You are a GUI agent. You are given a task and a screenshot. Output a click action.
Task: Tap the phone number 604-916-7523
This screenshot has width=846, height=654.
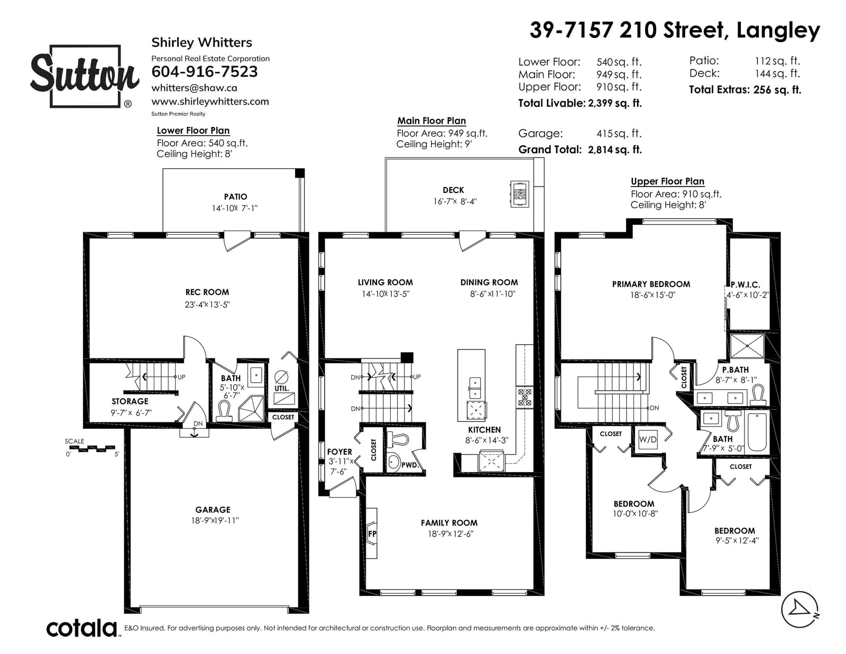pos(205,71)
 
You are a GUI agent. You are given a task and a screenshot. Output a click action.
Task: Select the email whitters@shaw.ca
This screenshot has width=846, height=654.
pos(194,88)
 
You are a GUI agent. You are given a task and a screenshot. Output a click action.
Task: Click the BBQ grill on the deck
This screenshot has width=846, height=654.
pos(520,194)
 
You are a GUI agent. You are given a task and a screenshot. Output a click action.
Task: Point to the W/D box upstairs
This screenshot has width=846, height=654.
pos(648,439)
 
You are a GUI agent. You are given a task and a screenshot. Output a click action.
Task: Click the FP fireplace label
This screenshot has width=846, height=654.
pos(372,533)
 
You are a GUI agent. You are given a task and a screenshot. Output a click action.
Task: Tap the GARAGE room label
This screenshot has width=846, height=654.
pos(213,510)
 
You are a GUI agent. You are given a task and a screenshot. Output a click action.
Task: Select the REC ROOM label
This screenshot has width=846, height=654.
pos(207,292)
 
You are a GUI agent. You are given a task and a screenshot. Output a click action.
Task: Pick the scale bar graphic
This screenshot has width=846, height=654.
pos(91,448)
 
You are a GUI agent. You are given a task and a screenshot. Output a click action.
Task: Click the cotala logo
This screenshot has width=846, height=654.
pos(82,628)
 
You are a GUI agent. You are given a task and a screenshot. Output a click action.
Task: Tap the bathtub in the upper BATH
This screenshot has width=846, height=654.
pos(757,432)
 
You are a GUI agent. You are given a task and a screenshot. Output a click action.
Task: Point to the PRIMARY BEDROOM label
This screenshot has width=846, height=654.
pos(651,284)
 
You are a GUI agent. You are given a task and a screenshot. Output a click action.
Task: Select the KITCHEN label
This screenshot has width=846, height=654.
pos(484,430)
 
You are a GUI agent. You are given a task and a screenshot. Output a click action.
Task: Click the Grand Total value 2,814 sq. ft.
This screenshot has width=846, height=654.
pos(615,150)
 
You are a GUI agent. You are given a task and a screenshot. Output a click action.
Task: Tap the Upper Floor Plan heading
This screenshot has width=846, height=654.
pos(667,181)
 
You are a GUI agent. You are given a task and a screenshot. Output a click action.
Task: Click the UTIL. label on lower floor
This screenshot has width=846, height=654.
pos(282,388)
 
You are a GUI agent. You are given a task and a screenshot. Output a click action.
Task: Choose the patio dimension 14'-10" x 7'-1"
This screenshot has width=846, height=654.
pos(234,208)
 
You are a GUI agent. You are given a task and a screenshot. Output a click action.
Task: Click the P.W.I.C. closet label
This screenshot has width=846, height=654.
pos(745,285)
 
